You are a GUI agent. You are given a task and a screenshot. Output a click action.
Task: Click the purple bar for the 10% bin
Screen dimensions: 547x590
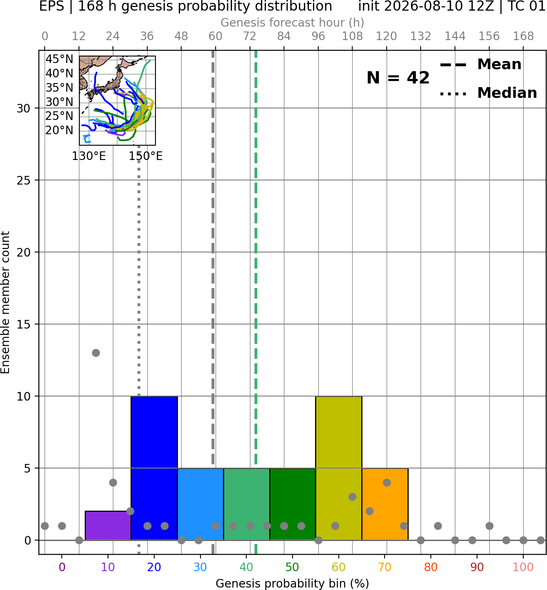(x=108, y=525)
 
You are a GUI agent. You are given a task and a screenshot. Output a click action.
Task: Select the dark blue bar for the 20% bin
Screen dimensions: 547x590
(x=154, y=468)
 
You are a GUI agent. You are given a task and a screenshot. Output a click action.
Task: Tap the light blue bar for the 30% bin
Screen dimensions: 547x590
(x=200, y=504)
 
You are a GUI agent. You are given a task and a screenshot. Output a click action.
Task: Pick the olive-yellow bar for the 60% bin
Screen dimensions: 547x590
(x=339, y=468)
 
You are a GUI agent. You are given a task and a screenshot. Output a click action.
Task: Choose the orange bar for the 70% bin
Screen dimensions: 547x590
(x=385, y=504)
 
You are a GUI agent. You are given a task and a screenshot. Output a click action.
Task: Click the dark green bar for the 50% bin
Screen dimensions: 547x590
(x=293, y=504)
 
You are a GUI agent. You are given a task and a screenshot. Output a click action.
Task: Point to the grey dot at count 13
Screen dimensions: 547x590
(x=96, y=353)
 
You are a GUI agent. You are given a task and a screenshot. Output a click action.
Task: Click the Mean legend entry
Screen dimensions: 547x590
(x=480, y=64)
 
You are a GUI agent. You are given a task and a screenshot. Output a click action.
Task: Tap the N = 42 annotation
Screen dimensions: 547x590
(x=398, y=78)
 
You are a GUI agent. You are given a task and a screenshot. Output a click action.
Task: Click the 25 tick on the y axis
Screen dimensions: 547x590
(x=24, y=180)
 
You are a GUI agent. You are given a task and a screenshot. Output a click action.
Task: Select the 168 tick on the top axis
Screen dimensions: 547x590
(x=524, y=36)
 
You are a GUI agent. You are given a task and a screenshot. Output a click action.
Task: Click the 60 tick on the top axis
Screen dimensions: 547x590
(x=216, y=36)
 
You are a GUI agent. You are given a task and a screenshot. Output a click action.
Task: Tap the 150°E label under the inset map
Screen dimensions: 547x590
(x=146, y=156)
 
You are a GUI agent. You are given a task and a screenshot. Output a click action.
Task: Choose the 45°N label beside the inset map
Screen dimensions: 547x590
(x=59, y=59)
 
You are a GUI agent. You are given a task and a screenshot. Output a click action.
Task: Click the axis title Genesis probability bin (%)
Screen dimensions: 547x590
(x=293, y=583)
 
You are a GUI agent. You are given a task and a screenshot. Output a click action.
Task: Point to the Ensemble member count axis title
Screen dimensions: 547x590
(x=5, y=302)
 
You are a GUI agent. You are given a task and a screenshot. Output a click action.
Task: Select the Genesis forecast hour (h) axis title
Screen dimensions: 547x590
(x=293, y=23)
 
